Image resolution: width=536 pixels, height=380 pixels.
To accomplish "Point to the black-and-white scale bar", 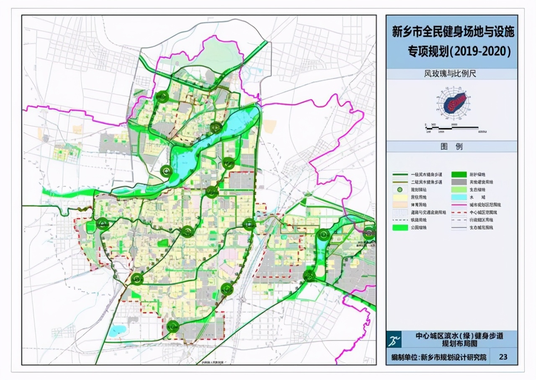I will pyautogui.click(x=452, y=127).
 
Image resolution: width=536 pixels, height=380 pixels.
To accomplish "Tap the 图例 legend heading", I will pyautogui.click(x=451, y=146).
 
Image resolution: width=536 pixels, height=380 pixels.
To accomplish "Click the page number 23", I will pyautogui.click(x=503, y=357).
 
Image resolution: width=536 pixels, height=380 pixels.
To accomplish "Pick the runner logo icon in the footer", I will pyautogui.click(x=394, y=339).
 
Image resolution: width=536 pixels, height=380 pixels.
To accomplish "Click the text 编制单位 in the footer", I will pyautogui.click(x=404, y=357).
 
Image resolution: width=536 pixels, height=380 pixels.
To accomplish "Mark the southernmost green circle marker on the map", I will pyautogui.click(x=173, y=326).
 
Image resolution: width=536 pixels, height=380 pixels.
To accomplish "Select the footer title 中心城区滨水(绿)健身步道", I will pyautogui.click(x=459, y=336).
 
